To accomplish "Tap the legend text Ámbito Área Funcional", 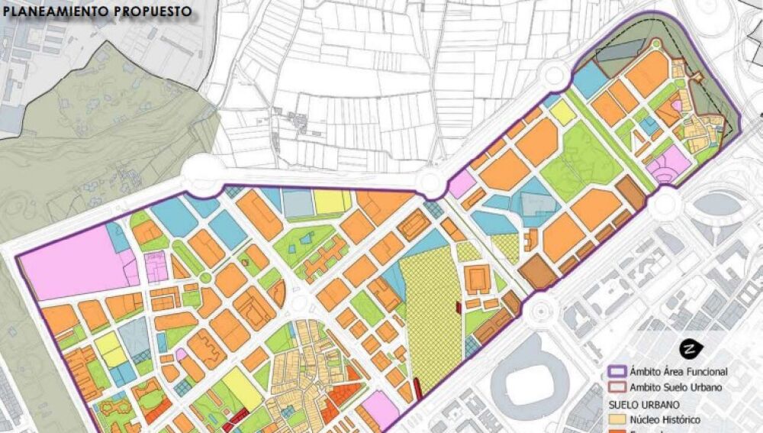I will click(678, 372).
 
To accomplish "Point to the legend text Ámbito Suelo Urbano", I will click(675, 387).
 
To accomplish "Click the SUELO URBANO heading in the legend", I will click(644, 403).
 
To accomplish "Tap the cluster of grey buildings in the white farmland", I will click(294, 122).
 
